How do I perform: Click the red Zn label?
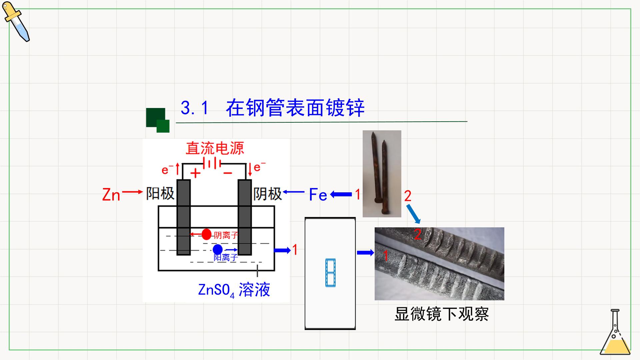point(111,195)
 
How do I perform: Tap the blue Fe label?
point(318,195)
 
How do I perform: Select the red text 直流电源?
point(215,148)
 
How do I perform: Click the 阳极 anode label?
point(160,194)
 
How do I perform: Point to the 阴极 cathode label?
point(267,194)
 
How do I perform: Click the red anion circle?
point(207,234)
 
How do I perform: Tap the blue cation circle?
point(218,249)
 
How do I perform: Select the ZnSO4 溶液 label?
point(234,290)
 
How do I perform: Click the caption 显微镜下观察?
point(442,314)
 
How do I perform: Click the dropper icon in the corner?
point(16,22)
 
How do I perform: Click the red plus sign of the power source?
point(195,173)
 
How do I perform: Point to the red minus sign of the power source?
point(228,173)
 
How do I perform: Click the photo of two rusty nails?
point(382,174)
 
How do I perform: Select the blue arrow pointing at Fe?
point(341,194)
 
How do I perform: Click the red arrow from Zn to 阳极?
point(132,192)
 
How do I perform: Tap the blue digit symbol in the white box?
point(330,273)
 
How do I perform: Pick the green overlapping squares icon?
point(158,120)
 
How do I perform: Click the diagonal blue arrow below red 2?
point(413,214)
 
